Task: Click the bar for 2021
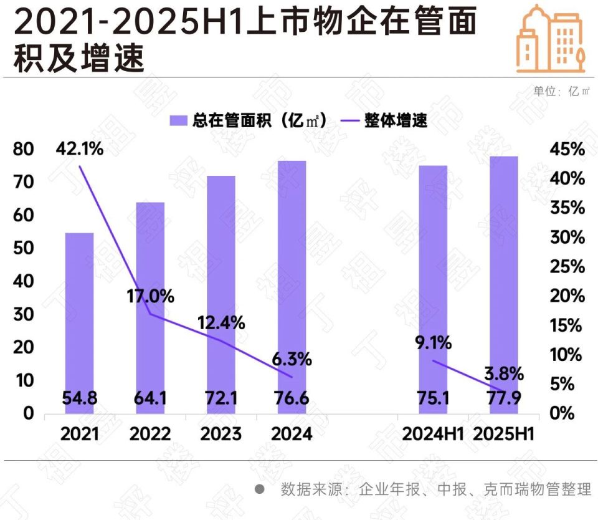(80, 312)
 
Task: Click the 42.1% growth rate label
(79, 150)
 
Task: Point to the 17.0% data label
(149, 296)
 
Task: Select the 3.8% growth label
(505, 375)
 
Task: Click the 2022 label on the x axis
(149, 434)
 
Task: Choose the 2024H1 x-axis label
(433, 434)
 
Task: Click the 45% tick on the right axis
(567, 150)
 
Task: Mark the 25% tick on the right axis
(567, 267)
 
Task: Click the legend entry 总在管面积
(249, 121)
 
